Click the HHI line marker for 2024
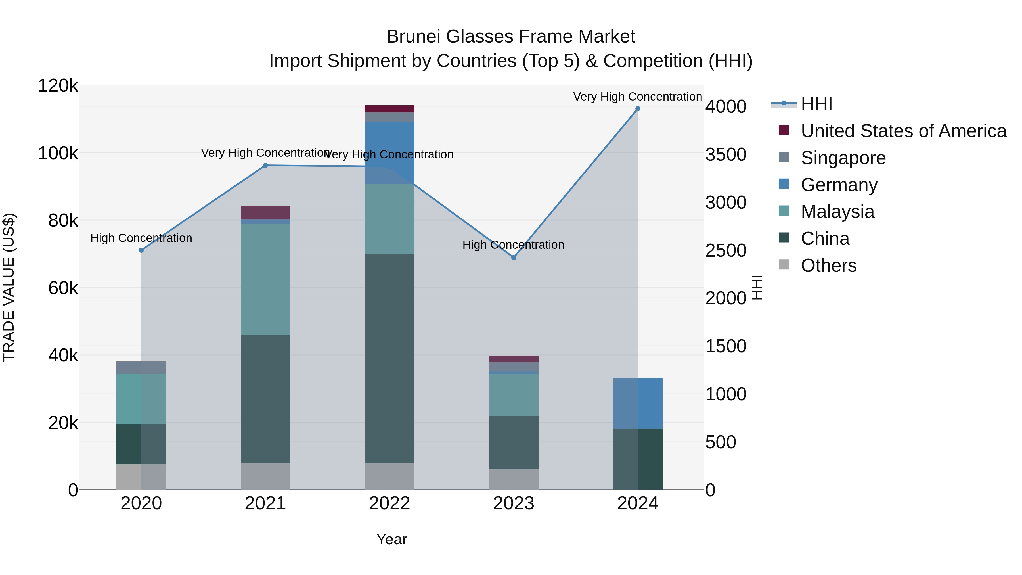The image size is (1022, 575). [x=638, y=109]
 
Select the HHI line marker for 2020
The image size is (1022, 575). [x=141, y=250]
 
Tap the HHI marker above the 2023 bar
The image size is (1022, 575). [x=513, y=258]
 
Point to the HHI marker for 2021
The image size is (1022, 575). [x=265, y=166]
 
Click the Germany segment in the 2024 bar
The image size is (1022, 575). [x=638, y=403]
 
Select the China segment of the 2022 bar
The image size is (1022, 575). [x=389, y=358]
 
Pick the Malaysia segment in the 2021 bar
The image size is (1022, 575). [x=265, y=279]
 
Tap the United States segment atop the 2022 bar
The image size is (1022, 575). [x=389, y=109]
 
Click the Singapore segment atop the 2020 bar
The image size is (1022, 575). [x=141, y=367]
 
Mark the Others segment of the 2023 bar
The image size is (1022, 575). [x=513, y=479]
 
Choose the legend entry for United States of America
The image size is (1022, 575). [x=903, y=131]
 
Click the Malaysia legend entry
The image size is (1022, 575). [x=837, y=212]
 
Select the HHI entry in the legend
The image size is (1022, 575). [x=816, y=104]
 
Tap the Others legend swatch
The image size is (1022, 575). [x=784, y=265]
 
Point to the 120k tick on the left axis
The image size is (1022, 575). [x=58, y=86]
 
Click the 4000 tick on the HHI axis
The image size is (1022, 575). [x=726, y=106]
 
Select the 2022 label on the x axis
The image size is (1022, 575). [x=389, y=503]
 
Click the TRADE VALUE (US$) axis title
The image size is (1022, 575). [x=9, y=287]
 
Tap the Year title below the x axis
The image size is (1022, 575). [x=391, y=539]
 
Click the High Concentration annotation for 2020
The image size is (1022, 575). [x=141, y=238]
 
